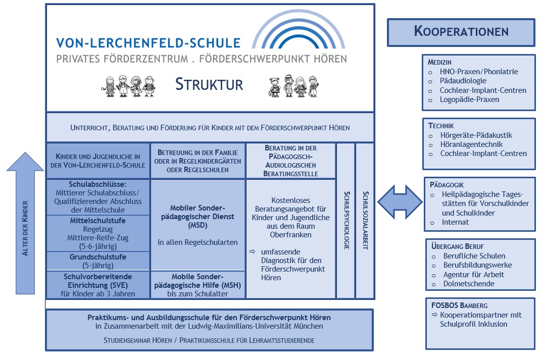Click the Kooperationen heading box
(461, 32)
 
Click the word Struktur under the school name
(209, 84)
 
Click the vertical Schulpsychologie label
(346, 220)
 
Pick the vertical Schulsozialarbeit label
(365, 220)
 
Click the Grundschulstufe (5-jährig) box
(98, 261)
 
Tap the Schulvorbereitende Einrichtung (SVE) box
(98, 285)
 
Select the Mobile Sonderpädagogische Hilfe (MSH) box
(198, 285)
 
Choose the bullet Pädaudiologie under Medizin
(463, 81)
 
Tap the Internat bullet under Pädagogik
(455, 222)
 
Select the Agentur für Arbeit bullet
(473, 275)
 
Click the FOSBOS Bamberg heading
(459, 305)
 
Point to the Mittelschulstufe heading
(98, 221)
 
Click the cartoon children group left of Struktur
(129, 86)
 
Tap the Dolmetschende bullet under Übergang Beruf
(469, 284)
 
